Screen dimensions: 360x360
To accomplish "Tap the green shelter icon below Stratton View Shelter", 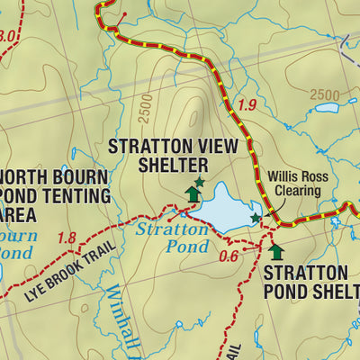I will [x=193, y=193].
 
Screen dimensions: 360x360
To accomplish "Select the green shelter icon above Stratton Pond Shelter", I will [x=276, y=251].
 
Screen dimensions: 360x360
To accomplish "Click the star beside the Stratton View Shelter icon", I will [x=200, y=182].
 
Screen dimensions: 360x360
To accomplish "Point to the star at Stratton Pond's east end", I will [x=256, y=218].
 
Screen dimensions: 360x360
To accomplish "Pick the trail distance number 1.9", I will [x=248, y=106].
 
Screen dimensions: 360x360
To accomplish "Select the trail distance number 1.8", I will [x=66, y=238].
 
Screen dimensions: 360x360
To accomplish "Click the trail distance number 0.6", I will [x=229, y=256].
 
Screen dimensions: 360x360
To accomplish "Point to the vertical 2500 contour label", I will [x=146, y=108].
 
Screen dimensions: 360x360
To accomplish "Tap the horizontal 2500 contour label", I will [x=325, y=94].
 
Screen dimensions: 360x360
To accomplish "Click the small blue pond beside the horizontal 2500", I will [x=327, y=108].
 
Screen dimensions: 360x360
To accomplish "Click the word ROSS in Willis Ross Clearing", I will [x=312, y=177].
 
